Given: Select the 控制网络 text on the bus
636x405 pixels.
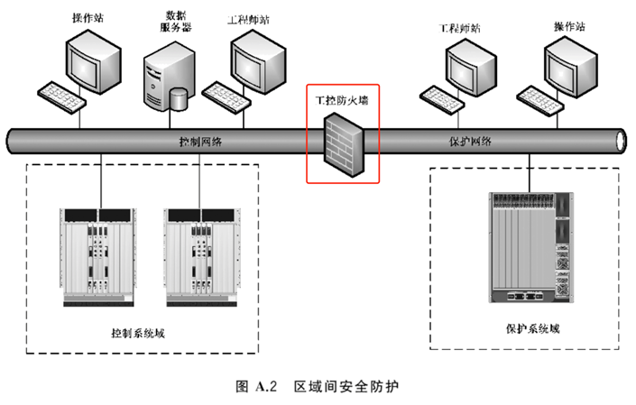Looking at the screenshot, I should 200,142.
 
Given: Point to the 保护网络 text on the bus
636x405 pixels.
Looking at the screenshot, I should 470,142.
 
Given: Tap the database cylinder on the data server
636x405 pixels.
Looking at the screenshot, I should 180,97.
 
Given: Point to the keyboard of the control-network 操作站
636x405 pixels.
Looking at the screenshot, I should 61,93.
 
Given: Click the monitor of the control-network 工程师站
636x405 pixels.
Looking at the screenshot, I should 257,56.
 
